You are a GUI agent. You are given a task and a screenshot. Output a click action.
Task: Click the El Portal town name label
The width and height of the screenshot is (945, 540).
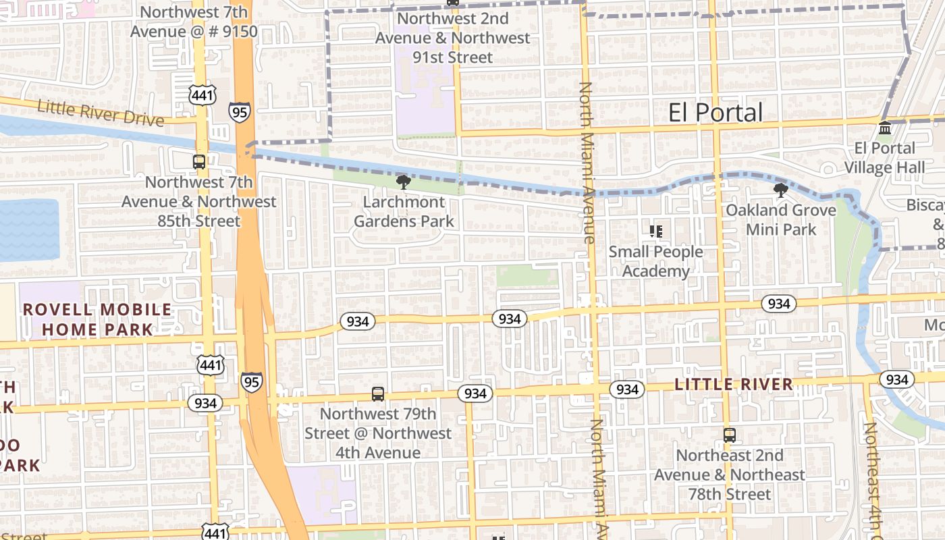[x=715, y=113]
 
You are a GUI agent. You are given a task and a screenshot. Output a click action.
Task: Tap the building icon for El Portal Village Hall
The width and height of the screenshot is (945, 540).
[x=884, y=128]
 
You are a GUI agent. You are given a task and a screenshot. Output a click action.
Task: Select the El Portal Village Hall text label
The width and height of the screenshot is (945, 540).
[x=884, y=157]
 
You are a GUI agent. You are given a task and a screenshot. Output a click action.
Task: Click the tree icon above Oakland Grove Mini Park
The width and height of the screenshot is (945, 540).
[x=781, y=190]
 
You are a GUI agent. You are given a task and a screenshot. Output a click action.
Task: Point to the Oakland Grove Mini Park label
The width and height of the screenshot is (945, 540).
[x=781, y=219]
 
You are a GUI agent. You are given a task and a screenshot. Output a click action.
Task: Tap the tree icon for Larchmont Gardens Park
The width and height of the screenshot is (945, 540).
[x=404, y=182]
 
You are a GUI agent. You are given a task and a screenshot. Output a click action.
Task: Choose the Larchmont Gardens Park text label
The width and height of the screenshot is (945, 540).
[x=404, y=211]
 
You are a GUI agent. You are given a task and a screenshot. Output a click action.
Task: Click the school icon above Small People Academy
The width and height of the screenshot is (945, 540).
[x=655, y=232]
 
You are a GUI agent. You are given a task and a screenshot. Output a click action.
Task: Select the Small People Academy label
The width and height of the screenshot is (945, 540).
[x=655, y=261]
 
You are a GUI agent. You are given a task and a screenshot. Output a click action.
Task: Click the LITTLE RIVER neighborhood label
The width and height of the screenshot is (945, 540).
[x=734, y=385]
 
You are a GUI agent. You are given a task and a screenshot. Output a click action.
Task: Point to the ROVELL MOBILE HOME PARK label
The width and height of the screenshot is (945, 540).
[x=98, y=319]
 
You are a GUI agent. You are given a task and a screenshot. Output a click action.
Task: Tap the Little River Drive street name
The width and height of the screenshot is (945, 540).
[x=101, y=113]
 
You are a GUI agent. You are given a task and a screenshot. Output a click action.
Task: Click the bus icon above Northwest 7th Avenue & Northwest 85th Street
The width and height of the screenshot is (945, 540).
[x=199, y=162]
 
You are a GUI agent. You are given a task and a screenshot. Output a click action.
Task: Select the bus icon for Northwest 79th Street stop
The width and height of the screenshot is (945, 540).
[x=378, y=394]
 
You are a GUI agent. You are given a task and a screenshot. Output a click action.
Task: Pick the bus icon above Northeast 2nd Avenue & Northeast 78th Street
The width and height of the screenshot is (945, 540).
[x=729, y=435]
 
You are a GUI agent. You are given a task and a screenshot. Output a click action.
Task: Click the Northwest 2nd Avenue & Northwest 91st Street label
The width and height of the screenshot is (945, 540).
[x=452, y=38]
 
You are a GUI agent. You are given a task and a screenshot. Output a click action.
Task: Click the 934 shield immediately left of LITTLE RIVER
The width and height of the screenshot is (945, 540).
[x=627, y=389]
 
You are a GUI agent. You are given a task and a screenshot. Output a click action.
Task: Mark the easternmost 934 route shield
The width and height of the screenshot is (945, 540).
[x=896, y=379]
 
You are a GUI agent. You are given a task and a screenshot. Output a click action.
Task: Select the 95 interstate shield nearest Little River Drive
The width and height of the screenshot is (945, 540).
[x=240, y=111]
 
